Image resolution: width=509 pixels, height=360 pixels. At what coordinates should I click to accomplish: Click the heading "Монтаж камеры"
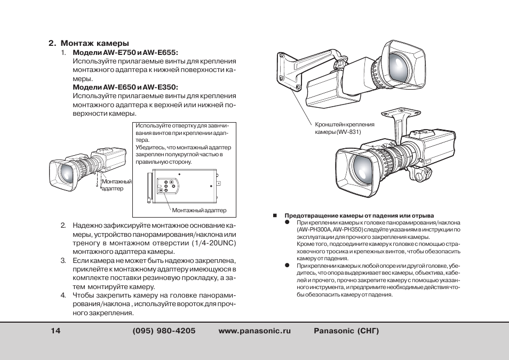pos(94,43)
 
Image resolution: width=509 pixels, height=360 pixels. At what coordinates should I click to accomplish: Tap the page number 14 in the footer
pos(56,331)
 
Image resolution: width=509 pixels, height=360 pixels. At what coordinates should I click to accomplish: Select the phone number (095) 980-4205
pos(164,331)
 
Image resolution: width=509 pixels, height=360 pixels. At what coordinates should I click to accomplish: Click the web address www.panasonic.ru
pos(255,331)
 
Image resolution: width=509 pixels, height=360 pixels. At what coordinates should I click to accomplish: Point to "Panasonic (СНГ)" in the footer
pos(346,331)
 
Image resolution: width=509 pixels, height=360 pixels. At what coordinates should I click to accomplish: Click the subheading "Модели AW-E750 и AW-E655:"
pos(125,53)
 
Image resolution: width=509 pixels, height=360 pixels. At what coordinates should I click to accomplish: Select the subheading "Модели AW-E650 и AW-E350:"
pos(125,87)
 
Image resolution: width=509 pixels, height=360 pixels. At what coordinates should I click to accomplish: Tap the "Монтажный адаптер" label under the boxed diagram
pos(199,210)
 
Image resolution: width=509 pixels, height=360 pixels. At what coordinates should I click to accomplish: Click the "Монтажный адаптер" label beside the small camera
pos(116,185)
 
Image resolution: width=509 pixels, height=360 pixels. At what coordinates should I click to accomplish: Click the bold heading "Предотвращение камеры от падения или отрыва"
pos(359,215)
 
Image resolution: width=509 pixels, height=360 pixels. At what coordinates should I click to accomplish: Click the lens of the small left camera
pos(66,173)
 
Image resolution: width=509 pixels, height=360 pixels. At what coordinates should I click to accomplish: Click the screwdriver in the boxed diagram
pos(148,187)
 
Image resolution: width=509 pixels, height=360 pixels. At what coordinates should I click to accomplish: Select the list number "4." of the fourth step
pos(62,295)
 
